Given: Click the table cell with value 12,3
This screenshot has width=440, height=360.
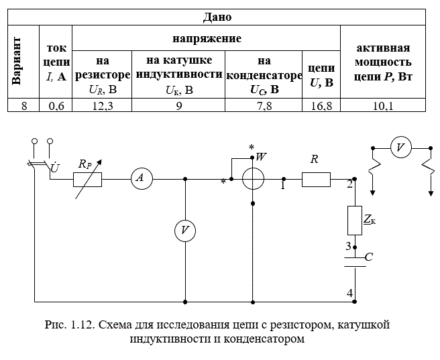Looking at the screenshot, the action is [x=102, y=106].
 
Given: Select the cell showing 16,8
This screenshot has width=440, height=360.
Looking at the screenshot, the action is [x=321, y=106].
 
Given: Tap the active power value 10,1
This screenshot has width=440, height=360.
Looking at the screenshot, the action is [x=383, y=106].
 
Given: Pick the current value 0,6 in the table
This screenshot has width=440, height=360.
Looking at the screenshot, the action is [x=56, y=106].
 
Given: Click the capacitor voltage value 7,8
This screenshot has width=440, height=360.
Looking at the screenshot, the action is [x=264, y=106].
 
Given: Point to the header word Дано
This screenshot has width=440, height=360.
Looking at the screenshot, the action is [x=217, y=17].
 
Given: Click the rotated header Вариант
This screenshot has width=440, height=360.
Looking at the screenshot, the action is [x=16, y=61].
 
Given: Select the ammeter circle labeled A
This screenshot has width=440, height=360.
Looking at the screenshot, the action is [x=142, y=178].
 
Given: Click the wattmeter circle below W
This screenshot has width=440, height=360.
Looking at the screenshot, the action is [x=253, y=179].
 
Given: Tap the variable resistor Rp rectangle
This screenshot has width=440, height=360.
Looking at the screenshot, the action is [x=88, y=180].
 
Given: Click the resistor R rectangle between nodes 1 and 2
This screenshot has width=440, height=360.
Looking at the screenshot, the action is [x=317, y=180].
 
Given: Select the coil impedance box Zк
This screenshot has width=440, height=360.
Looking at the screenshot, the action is [x=355, y=221].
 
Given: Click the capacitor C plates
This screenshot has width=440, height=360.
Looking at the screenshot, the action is [x=355, y=262].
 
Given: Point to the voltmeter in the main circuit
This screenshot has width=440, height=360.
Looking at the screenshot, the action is [x=185, y=231].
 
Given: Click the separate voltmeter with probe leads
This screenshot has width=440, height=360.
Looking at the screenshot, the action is [x=401, y=147].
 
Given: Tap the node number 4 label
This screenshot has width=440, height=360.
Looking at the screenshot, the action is [x=349, y=293].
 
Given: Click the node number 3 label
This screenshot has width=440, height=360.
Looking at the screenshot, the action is [x=348, y=246].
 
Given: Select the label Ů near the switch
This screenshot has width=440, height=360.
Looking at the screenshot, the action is [x=55, y=168].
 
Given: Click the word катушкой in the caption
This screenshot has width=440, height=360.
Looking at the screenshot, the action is [x=364, y=325].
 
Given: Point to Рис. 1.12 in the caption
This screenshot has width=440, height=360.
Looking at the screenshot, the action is [x=69, y=325].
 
